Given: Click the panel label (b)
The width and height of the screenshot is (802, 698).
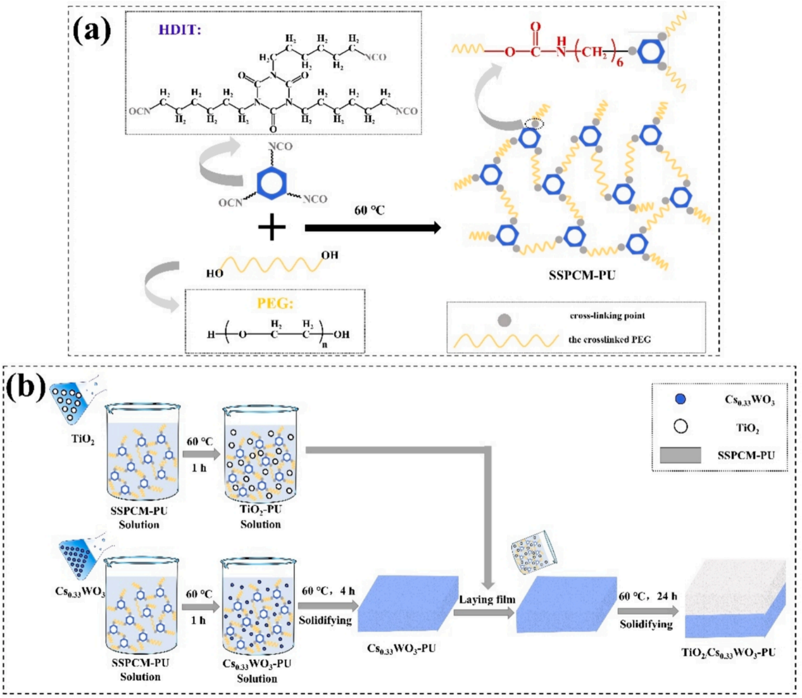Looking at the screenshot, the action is click(x=27, y=389).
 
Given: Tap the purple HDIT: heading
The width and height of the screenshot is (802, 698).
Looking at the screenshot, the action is click(x=180, y=30).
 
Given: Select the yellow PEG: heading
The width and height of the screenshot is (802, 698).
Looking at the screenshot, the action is click(x=275, y=303).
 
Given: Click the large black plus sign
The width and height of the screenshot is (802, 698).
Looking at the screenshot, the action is click(x=272, y=227).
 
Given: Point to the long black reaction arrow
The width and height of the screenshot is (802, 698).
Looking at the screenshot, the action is click(x=373, y=227).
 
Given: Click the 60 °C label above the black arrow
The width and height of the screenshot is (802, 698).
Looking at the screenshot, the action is click(x=369, y=210).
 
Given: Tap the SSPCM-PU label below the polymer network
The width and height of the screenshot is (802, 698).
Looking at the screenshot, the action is click(x=582, y=276).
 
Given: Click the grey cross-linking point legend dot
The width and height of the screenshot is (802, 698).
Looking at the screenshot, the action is click(x=504, y=320).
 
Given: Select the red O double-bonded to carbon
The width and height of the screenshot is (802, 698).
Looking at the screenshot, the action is click(x=536, y=27).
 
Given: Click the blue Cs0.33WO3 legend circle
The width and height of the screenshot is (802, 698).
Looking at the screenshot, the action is click(x=681, y=399).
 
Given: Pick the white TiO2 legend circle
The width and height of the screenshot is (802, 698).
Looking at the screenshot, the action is click(x=681, y=426).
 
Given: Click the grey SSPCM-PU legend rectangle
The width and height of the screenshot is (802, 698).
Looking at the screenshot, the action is click(x=680, y=455).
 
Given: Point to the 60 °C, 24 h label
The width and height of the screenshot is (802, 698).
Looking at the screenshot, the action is click(x=648, y=596).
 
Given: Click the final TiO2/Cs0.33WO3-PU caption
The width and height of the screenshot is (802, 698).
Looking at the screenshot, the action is click(x=729, y=653).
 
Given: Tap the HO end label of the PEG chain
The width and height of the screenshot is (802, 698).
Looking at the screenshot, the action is click(x=215, y=274).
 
